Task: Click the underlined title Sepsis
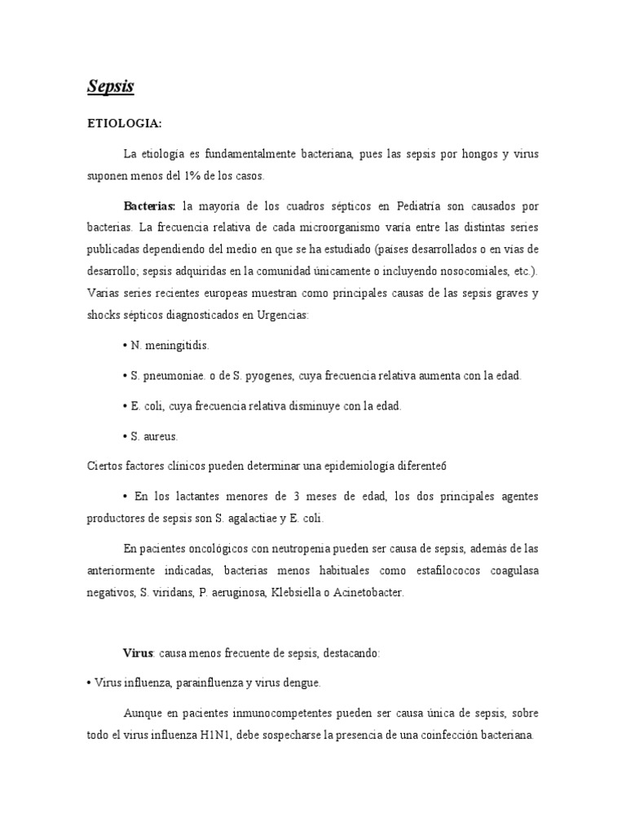click(x=111, y=86)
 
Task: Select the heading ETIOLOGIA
click(x=125, y=123)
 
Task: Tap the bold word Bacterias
click(x=149, y=205)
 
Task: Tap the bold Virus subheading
click(x=139, y=653)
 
